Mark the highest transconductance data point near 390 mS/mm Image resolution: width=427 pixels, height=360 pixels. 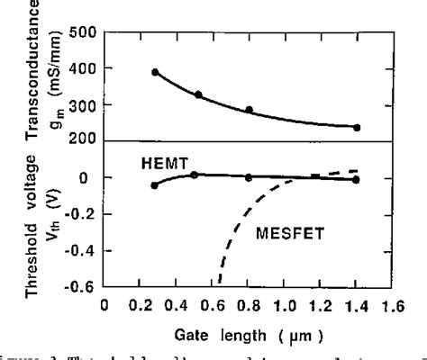point(155,72)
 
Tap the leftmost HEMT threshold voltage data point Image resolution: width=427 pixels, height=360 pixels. point(155,185)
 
